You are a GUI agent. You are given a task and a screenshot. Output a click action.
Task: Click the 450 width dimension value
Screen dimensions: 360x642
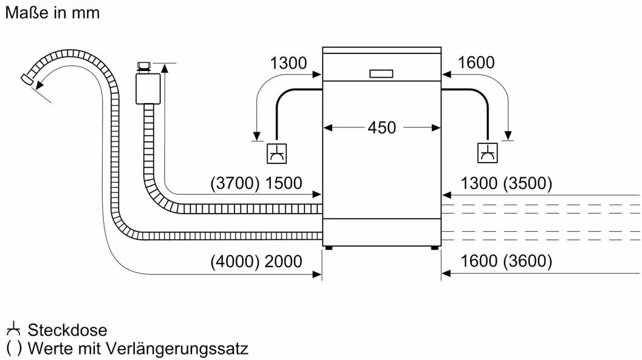coord(381,128)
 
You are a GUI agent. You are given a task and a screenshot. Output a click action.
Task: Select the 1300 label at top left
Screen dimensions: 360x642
coord(288,63)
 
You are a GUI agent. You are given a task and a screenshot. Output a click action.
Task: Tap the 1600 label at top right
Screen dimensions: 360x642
coord(476,63)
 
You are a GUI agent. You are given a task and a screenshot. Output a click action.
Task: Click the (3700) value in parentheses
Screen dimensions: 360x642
coord(233,183)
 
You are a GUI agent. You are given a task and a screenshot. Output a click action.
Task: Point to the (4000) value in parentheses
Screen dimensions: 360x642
coord(234,262)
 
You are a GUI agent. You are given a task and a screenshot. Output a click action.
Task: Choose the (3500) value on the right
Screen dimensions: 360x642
coord(527,183)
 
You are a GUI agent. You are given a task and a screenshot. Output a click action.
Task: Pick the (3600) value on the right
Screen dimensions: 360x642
coord(527,262)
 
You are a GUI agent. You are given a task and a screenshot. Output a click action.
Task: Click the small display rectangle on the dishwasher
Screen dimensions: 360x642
coord(381,73)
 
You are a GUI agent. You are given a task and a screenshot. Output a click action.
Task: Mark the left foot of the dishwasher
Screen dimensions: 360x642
coord(328,248)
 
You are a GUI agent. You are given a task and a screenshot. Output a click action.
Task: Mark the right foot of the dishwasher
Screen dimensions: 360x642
coord(435,248)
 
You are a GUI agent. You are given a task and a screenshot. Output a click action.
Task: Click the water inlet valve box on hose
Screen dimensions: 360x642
coord(146,89)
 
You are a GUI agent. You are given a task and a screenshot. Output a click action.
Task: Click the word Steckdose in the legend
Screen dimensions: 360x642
coord(67,330)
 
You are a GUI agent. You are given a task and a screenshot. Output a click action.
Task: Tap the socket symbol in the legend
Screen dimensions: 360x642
coord(13,330)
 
